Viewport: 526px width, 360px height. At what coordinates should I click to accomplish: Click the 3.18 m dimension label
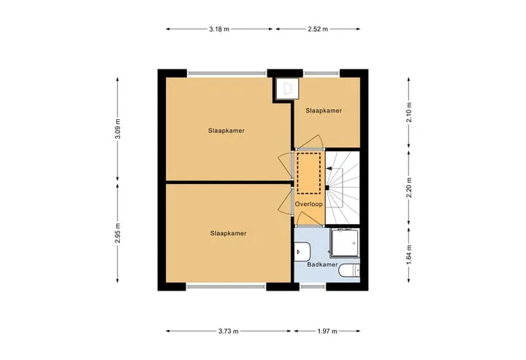coord(219,29)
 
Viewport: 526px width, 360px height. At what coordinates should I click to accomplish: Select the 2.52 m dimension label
coord(318,29)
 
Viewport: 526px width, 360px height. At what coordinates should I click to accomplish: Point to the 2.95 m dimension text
coord(117,233)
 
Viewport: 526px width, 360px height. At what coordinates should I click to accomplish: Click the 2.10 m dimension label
coord(408,112)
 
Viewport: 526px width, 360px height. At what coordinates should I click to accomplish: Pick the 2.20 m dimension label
coord(408,188)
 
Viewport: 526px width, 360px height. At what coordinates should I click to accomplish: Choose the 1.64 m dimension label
coord(408,255)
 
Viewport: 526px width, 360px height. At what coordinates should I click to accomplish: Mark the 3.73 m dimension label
coord(229,332)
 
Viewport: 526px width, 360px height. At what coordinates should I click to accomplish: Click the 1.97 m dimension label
coord(327,332)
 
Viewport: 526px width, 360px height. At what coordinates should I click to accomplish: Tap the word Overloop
coord(308,204)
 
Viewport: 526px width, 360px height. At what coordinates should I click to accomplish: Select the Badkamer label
coord(322,264)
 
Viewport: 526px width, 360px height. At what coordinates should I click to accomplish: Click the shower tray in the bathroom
coord(344,243)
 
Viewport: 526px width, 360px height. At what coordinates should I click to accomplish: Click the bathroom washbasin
coord(302,253)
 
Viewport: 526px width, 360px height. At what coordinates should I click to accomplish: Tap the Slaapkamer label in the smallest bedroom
coord(324,110)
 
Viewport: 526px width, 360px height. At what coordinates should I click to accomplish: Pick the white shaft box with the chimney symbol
coord(287,89)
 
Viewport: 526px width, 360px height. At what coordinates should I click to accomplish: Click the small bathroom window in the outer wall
coord(313,286)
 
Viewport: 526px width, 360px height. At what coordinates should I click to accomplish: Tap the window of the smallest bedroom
coord(321,73)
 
